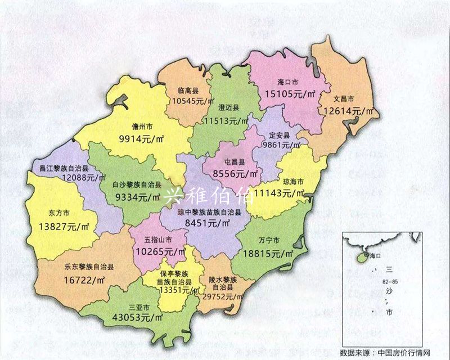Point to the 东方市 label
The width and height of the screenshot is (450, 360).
pos(58,214)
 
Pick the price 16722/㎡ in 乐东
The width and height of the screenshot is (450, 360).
pos(85,279)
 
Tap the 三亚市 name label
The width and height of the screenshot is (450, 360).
pos(139,308)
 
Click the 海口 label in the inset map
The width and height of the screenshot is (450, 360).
pos(375,256)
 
